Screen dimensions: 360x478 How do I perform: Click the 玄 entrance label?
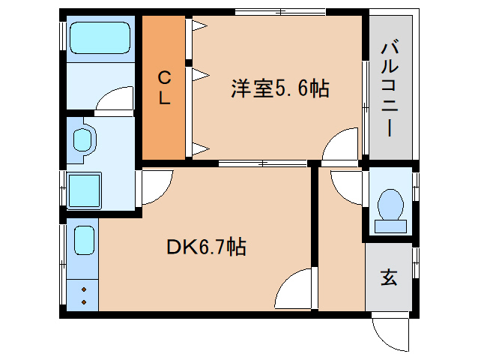(x=389, y=277)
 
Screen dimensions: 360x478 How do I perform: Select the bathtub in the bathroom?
(x=100, y=37)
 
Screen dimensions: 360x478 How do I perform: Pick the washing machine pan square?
(x=84, y=190)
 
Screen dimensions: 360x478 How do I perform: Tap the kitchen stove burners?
(x=82, y=293)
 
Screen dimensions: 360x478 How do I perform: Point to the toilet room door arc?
(x=346, y=185)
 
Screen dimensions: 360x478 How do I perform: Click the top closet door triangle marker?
(x=199, y=27)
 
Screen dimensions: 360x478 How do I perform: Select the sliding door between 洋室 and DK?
(x=262, y=163)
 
